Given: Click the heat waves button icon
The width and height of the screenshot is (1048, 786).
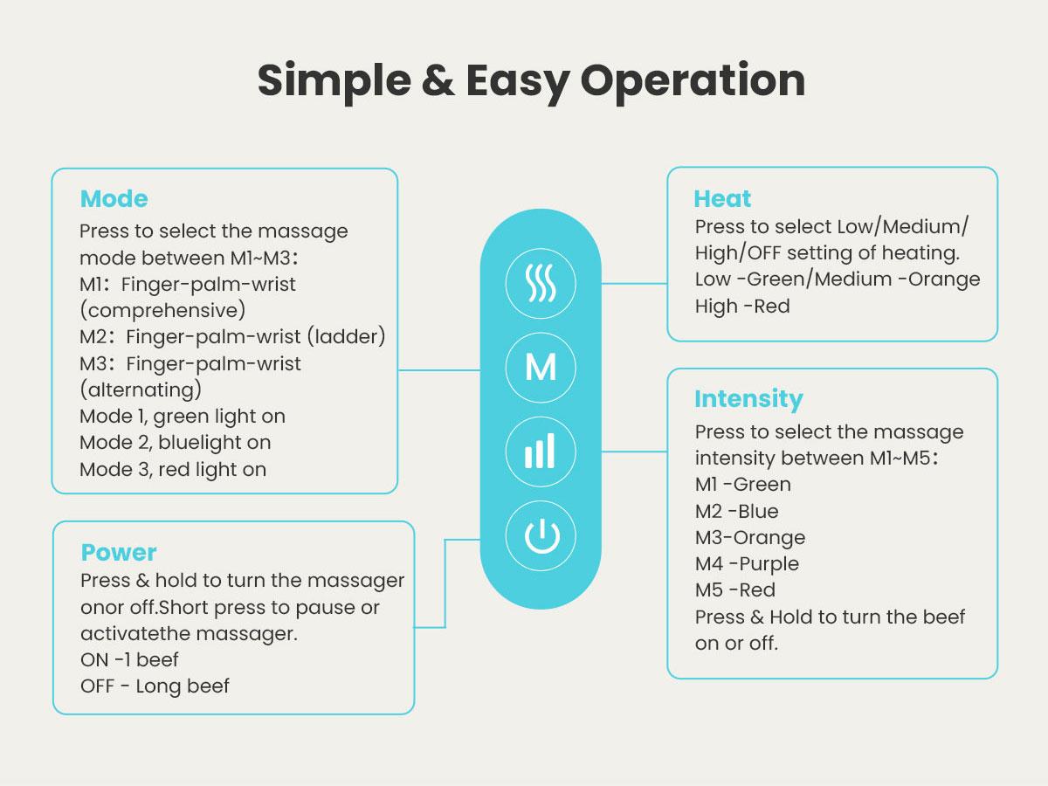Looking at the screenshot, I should (x=541, y=283).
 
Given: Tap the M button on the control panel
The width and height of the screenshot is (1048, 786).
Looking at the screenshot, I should (x=541, y=368).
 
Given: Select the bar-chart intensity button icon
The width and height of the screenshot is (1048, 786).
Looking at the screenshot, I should (x=541, y=452).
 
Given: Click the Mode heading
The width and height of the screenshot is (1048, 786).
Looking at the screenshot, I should (x=114, y=199).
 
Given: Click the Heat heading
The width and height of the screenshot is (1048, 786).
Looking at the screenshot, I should (x=722, y=199).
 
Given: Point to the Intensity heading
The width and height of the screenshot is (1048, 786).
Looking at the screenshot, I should (x=748, y=399).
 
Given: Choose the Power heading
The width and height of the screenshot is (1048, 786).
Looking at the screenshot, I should (x=119, y=553).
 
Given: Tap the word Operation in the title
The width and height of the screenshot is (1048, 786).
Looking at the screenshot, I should (x=692, y=80).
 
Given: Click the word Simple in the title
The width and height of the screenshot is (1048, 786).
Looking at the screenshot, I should (x=334, y=80).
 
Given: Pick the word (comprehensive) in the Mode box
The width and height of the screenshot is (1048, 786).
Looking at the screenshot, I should (x=162, y=311).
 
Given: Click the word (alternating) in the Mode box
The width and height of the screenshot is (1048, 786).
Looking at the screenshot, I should (x=141, y=390).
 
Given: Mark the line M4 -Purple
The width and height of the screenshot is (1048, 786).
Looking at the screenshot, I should (x=747, y=564).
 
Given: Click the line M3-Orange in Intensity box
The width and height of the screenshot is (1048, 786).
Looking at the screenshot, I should (x=750, y=538).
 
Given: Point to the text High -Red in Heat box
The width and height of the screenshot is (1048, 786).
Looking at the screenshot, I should (x=742, y=307).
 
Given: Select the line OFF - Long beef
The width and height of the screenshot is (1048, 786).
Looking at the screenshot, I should (x=155, y=686).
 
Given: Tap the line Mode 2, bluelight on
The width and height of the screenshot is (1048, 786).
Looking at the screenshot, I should (x=175, y=443).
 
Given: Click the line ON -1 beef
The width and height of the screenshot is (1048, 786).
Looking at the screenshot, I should (x=129, y=660).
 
